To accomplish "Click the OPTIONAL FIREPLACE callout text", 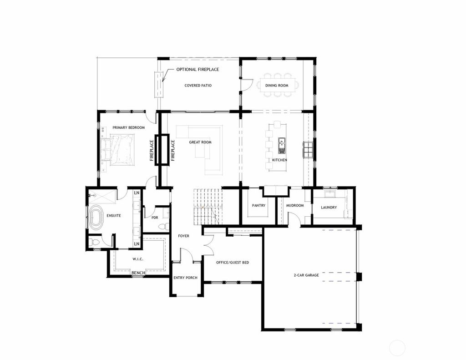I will (x=198, y=70).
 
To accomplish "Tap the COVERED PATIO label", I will (x=198, y=86).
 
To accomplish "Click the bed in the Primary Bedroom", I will (x=118, y=150).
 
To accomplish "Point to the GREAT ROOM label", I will (x=200, y=142).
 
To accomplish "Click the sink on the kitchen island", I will (x=282, y=145).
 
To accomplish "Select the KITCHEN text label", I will (x=279, y=160).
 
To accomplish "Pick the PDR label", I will (x=155, y=218).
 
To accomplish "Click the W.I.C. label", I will (x=138, y=260).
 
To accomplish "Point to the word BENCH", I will (x=138, y=273).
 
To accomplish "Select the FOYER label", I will (x=183, y=236).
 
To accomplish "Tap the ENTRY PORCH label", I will (x=185, y=278).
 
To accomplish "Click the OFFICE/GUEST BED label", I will (x=233, y=263).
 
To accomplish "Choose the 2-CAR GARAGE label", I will (x=306, y=275).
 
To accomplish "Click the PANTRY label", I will (x=258, y=206).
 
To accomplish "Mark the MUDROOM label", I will (x=294, y=206).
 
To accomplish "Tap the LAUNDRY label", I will (x=329, y=208).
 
